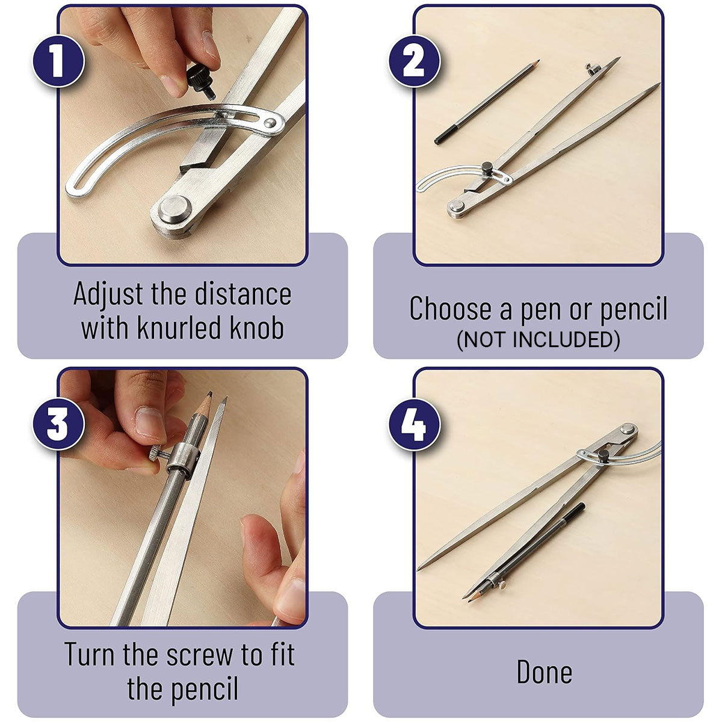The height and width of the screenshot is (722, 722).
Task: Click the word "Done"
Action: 544,672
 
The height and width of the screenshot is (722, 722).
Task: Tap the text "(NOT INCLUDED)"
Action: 538,341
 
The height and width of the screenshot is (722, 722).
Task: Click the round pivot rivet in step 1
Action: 173,209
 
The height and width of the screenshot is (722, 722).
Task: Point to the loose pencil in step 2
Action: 487,102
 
